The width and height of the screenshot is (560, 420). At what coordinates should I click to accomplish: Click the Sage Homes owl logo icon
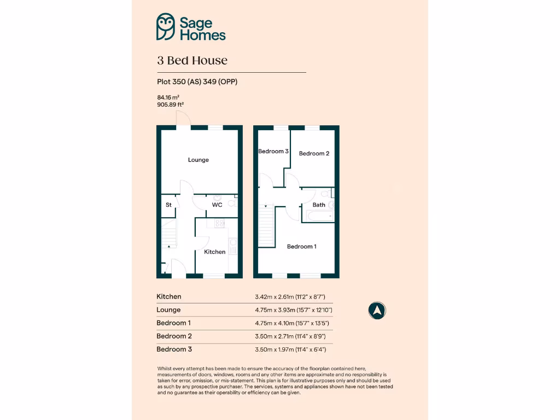[x=166, y=27]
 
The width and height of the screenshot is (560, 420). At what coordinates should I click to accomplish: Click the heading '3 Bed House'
[x=192, y=60]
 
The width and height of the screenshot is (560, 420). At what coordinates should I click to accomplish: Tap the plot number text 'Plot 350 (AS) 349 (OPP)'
[x=197, y=82]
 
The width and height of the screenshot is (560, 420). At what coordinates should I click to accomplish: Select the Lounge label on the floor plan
[x=199, y=160]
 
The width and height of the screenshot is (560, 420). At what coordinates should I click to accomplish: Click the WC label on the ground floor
[x=217, y=205]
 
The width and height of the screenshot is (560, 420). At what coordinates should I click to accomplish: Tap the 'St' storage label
[x=168, y=205]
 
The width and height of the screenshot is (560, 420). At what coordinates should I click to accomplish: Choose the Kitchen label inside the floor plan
[x=214, y=252]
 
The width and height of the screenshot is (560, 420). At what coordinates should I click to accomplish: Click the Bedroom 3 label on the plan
[x=273, y=151]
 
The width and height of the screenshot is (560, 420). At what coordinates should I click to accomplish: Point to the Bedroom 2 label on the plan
[x=314, y=154]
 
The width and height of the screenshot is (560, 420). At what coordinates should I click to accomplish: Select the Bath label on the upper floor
[x=319, y=205]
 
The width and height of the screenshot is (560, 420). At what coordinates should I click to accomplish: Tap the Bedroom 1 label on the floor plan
[x=302, y=247]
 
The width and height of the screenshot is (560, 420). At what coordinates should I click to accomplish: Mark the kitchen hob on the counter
[x=220, y=223]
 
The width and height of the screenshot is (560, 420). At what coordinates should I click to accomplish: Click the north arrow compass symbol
[x=377, y=311]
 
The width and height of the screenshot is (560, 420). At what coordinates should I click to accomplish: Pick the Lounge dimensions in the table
[x=294, y=310]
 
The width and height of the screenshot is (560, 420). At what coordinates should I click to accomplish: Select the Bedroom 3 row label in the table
[x=174, y=349]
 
